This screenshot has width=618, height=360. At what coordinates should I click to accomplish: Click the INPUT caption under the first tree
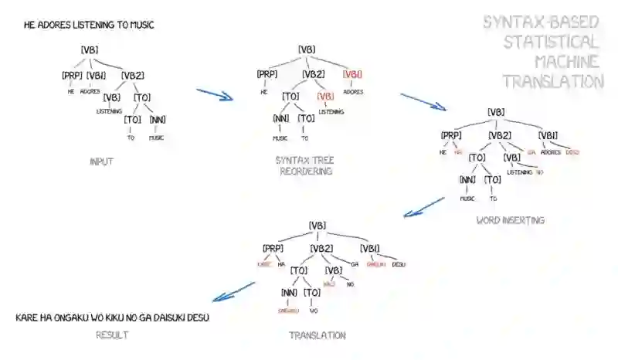(101, 162)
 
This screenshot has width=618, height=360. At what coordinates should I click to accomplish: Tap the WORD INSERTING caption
(511, 220)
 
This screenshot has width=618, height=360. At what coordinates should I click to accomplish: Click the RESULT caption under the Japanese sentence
(113, 335)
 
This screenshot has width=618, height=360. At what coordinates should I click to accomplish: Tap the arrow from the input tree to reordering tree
(214, 95)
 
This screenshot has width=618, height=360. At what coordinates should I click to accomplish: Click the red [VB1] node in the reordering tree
(353, 74)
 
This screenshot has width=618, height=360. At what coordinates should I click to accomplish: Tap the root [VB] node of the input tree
(90, 50)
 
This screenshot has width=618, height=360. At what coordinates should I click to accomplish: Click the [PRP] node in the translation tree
(273, 248)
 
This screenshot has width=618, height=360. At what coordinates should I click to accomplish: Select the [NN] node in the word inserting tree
(467, 179)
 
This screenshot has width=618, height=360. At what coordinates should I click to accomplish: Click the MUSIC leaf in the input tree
(156, 138)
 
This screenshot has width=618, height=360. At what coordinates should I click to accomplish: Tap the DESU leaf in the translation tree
(399, 264)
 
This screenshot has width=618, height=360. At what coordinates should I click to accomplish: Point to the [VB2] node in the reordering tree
(313, 74)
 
